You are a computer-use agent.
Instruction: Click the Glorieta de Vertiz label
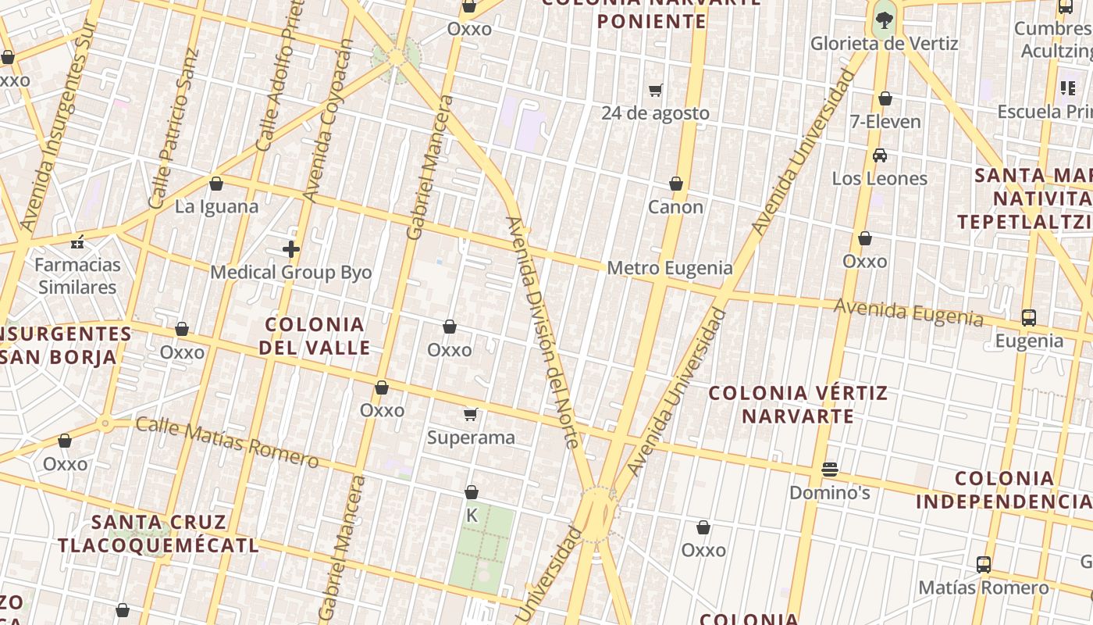884,44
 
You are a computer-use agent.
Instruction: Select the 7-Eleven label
885,122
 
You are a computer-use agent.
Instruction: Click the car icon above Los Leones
880,155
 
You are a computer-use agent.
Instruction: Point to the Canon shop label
676,207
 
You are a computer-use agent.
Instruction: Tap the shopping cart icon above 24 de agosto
656,91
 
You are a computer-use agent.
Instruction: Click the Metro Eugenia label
670,269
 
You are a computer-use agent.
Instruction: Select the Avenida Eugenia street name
909,312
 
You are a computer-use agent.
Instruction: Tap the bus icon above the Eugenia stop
1029,318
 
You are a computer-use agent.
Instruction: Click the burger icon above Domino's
830,470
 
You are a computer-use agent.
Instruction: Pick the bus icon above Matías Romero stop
984,564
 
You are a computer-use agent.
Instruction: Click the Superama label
471,437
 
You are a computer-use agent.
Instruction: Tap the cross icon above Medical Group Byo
291,249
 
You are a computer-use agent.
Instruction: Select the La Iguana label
216,207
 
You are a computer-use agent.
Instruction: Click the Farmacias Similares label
78,276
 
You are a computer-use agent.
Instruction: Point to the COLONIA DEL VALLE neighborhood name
315,336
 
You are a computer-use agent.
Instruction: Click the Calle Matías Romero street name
227,443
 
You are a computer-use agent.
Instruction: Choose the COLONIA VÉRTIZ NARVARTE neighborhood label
798,404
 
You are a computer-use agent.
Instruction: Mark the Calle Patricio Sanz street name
174,129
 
